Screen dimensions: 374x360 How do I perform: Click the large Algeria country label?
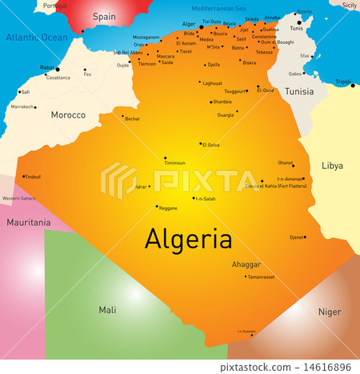coord(188,238)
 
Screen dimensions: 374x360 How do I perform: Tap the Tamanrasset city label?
coord(261,276)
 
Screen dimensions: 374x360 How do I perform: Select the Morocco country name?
coord(68,115)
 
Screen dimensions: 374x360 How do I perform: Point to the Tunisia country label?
coord(299,91)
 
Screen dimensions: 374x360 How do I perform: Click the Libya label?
coord(332,166)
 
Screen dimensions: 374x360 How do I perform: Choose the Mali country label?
coord(106,308)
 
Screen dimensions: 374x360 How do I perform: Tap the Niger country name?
coord(329,312)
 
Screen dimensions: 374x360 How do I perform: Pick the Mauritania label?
coord(29,222)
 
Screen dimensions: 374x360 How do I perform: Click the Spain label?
coord(104,16)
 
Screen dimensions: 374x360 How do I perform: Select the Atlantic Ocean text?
coord(38,38)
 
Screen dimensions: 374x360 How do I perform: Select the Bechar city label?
coord(133,119)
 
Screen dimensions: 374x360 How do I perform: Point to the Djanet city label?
coord(297,237)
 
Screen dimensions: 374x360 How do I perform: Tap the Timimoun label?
coord(174,163)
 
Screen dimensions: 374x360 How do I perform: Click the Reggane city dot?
coord(156,206)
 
